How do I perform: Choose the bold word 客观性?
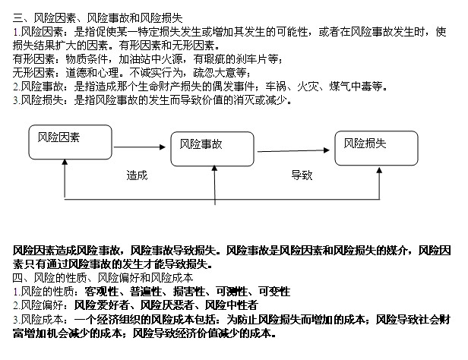click(101, 292)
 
